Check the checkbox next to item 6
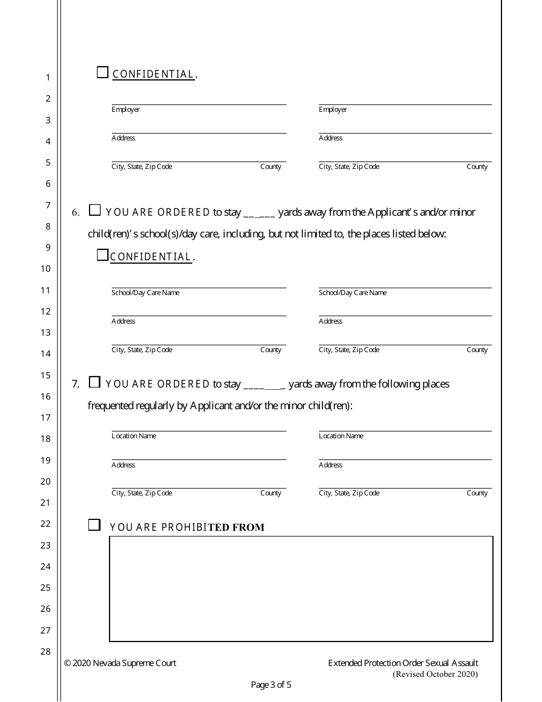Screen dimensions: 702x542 [x=95, y=211]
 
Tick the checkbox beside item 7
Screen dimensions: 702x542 [x=95, y=382]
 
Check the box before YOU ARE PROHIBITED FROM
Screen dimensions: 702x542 [x=94, y=525]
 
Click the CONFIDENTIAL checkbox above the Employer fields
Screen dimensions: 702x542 [x=103, y=72]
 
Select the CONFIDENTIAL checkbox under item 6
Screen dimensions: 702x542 [x=103, y=256]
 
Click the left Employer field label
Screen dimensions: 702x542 [x=126, y=110]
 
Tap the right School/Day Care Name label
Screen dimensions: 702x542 [x=353, y=293]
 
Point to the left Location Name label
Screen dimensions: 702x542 [x=134, y=436]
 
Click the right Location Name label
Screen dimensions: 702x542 [x=341, y=436]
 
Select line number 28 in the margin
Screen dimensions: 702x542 [x=46, y=652]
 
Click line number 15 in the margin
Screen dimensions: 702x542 [x=46, y=376]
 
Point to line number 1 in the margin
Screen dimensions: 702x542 [x=48, y=78]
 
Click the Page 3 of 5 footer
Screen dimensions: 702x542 [x=271, y=685]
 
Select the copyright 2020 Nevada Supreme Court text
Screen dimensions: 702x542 [x=120, y=663]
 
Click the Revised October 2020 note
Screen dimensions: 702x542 [x=435, y=674]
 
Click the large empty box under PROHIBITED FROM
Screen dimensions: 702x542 [x=301, y=588]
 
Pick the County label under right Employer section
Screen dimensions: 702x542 [x=477, y=167]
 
